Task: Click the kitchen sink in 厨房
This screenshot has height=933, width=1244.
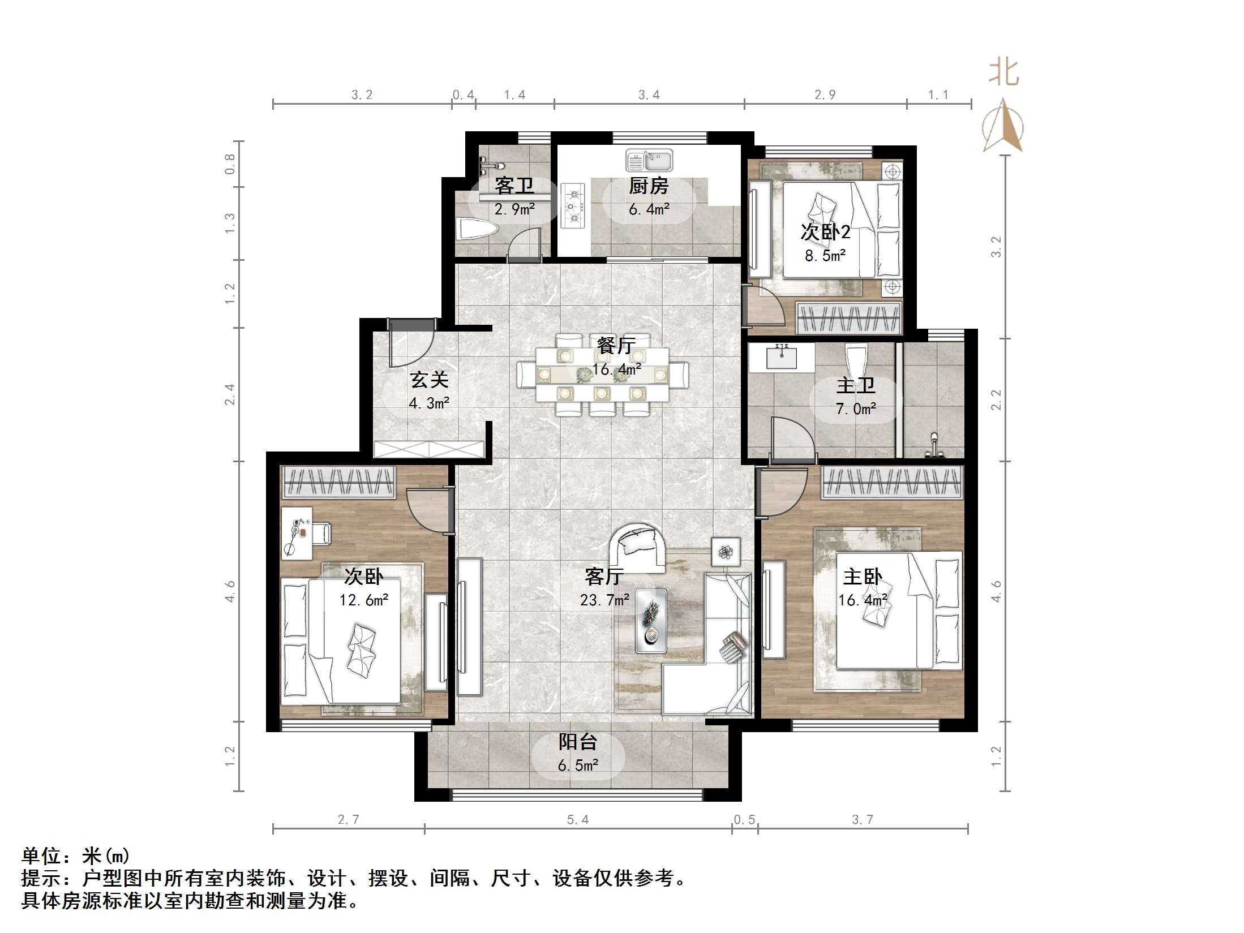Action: pyautogui.click(x=649, y=160)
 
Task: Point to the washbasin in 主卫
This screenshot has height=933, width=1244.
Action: pyautogui.click(x=781, y=358)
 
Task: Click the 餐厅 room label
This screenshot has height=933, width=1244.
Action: pyautogui.click(x=616, y=345)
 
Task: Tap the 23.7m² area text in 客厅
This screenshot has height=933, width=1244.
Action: pyautogui.click(x=604, y=600)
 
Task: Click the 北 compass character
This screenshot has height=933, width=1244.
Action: pyautogui.click(x=1004, y=73)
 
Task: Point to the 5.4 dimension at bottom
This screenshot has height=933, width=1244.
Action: pyautogui.click(x=578, y=819)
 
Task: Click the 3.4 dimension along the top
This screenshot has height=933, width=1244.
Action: pyautogui.click(x=649, y=95)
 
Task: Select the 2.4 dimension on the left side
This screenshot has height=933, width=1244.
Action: pyautogui.click(x=229, y=394)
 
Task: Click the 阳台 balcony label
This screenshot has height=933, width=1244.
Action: pyautogui.click(x=578, y=742)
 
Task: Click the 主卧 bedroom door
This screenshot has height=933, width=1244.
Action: pyautogui.click(x=781, y=492)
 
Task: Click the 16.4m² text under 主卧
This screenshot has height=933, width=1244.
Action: pyautogui.click(x=862, y=600)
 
